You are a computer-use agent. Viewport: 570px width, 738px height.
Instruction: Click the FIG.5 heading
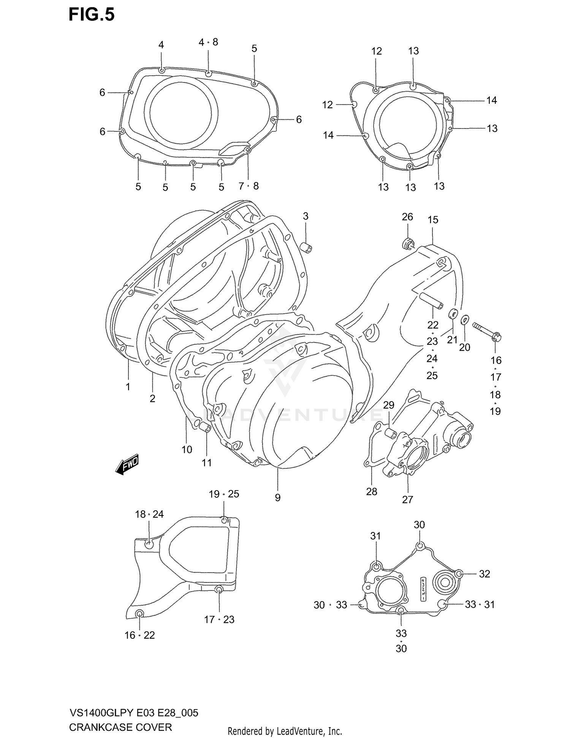[x=92, y=15]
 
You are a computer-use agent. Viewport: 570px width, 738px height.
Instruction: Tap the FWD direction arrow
[x=127, y=464]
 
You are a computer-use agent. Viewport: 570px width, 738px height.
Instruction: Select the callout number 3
[x=306, y=216]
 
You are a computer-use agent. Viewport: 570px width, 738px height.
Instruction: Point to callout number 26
[x=407, y=217]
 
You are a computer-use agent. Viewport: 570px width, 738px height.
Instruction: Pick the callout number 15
[x=433, y=220]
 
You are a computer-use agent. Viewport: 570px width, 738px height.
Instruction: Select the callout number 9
[x=278, y=497]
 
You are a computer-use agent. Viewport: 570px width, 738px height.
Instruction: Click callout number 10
[x=187, y=449]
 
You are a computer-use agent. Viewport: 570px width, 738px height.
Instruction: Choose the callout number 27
[x=407, y=499]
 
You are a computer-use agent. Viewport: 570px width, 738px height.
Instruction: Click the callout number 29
[x=388, y=405]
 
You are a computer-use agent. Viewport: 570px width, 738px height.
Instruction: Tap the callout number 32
[x=484, y=574]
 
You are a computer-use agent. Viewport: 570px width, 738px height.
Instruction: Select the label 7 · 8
[x=249, y=186]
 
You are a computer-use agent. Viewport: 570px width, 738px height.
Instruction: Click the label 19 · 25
[x=224, y=494]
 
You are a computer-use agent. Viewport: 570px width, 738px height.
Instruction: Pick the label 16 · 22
[x=139, y=635]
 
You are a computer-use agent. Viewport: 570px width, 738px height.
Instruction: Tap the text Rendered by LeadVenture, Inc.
[x=285, y=731]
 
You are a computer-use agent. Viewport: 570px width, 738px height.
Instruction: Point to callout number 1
[x=128, y=387]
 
